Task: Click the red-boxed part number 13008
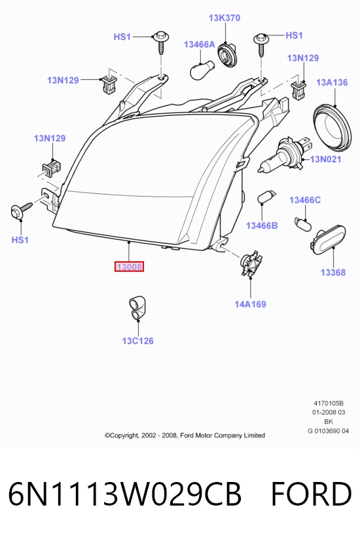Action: [x=129, y=266]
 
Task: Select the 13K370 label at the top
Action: [x=225, y=18]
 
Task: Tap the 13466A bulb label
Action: [x=199, y=44]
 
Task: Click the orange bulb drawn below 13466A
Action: [x=202, y=70]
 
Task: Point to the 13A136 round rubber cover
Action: [x=333, y=128]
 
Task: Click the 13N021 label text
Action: [x=325, y=159]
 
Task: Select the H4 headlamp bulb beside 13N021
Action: [x=285, y=154]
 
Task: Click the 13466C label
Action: [x=305, y=200]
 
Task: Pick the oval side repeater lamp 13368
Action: [x=328, y=240]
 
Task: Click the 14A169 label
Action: [x=250, y=304]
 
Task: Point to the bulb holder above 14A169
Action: [x=252, y=264]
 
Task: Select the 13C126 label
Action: [x=138, y=341]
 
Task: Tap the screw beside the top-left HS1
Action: [x=161, y=43]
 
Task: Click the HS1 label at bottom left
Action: [x=20, y=240]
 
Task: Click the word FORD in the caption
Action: [x=311, y=494]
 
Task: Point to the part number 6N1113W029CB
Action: [x=124, y=494]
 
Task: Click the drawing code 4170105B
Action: [x=329, y=403]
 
